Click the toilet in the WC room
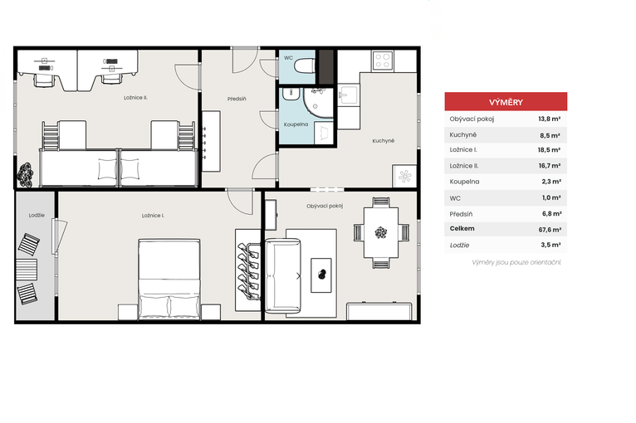304,66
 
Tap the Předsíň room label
237,99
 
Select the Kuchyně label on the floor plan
384,141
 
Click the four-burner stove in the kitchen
383,61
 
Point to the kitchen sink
349,95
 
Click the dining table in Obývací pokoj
381,232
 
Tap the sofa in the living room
282,276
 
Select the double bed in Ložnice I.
169,280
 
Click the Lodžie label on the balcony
37,215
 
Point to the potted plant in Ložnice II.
25,175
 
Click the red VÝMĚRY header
506,102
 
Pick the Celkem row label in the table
462,229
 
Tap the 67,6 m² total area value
550,230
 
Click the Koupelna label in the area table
464,182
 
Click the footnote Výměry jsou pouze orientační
516,263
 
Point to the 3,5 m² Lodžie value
550,246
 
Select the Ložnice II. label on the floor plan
135,98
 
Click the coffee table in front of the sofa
321,275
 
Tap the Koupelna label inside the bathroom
296,124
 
